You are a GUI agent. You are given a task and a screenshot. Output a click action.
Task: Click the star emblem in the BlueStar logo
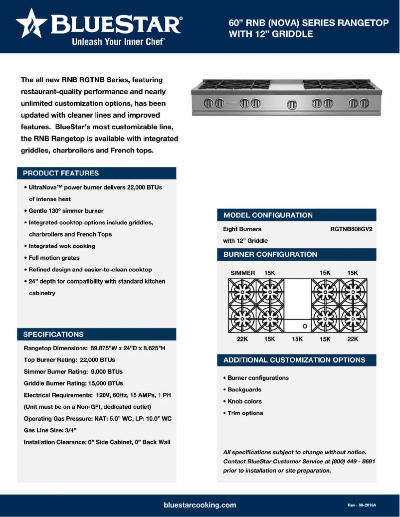(x=32, y=25)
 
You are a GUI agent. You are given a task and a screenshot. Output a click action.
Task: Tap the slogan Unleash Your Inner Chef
(x=119, y=42)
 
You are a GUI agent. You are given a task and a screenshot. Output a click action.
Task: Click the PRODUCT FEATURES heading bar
(x=97, y=173)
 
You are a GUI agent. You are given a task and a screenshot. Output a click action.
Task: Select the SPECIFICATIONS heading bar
(x=97, y=334)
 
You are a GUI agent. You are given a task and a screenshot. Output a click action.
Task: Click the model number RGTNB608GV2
(x=351, y=229)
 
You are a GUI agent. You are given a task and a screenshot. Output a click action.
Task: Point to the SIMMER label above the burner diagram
(x=243, y=273)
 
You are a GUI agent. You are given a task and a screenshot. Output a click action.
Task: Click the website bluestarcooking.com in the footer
(x=200, y=505)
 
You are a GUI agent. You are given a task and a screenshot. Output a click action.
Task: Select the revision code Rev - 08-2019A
(x=362, y=505)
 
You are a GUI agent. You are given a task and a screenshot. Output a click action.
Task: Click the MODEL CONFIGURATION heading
(x=268, y=215)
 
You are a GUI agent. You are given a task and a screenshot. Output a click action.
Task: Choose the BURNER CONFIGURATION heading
(x=270, y=254)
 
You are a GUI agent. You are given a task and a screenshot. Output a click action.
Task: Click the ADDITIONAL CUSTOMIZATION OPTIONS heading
(x=294, y=360)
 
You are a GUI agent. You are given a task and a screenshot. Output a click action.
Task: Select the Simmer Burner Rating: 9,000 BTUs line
(x=73, y=371)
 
